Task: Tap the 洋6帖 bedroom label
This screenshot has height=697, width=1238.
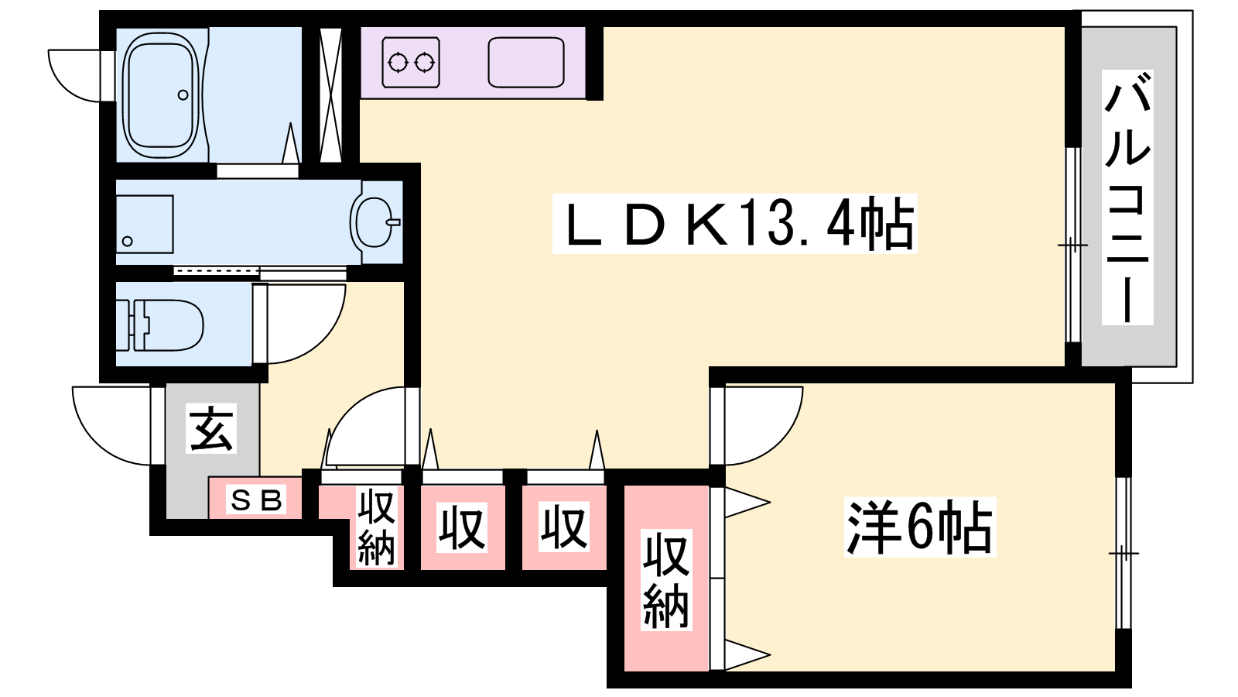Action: click(920, 527)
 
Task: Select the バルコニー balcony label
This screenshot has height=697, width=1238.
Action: click(1127, 197)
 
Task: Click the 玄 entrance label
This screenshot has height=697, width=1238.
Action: click(211, 429)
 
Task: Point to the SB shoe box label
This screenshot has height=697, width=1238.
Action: click(256, 500)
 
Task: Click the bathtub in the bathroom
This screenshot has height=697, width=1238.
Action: click(161, 94)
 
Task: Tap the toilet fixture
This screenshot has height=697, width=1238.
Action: click(160, 325)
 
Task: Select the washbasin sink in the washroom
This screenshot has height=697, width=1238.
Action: click(375, 222)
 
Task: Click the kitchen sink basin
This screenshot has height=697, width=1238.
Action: click(525, 63)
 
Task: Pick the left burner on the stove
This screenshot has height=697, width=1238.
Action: click(398, 63)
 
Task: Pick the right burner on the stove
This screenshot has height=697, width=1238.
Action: click(425, 63)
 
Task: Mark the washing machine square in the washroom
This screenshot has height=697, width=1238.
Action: click(145, 224)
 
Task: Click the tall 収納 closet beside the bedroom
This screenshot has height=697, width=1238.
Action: click(666, 578)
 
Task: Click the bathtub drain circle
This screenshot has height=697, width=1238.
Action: click(183, 95)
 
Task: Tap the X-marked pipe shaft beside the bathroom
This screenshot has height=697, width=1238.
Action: click(331, 94)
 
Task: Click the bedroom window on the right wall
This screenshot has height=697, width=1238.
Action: click(1123, 553)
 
